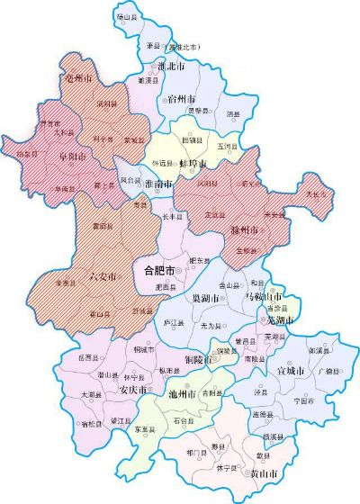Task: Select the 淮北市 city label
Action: pos(171,67)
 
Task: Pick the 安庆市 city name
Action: pos(133,390)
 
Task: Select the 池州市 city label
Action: pos(185,393)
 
